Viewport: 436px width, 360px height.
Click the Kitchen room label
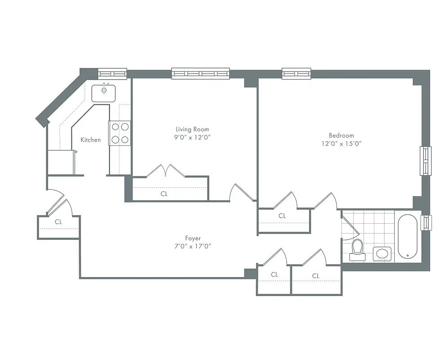(90, 140)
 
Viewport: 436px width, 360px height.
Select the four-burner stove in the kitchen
(120, 133)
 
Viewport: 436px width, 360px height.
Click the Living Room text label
(192, 129)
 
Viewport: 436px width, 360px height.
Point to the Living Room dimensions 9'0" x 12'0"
(192, 137)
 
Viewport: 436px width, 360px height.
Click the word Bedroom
(341, 135)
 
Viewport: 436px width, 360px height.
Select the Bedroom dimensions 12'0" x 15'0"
(341, 144)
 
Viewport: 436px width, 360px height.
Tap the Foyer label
(193, 238)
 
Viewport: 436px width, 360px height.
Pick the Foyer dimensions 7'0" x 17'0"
(193, 246)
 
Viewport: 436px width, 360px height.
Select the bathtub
(408, 237)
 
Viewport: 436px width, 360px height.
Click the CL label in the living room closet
(164, 194)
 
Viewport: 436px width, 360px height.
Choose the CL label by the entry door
(58, 222)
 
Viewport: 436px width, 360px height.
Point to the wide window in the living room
(200, 73)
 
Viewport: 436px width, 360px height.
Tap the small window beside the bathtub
(426, 223)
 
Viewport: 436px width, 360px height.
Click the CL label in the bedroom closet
(282, 216)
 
